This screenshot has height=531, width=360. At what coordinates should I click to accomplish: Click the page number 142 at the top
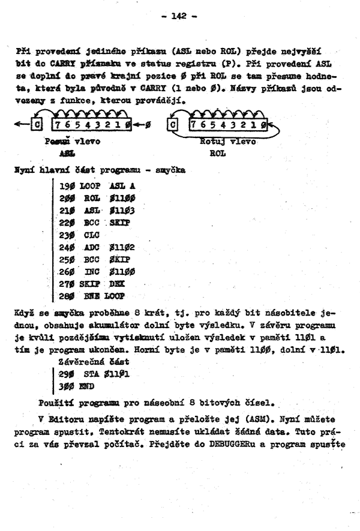pos(180,16)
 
